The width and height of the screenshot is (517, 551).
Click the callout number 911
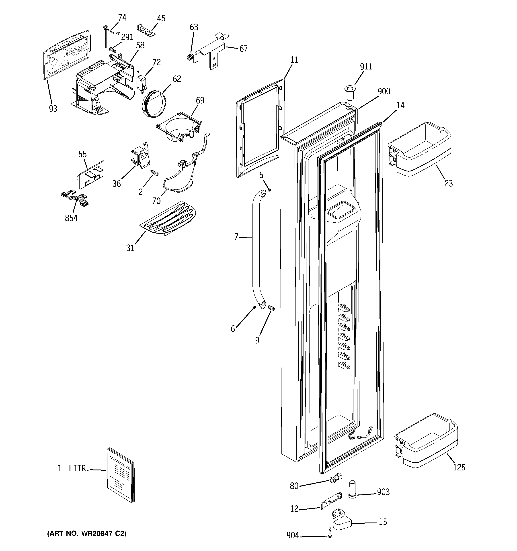tap(366, 67)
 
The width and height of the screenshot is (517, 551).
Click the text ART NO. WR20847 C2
tap(87, 533)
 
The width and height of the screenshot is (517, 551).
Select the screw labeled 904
tap(329, 535)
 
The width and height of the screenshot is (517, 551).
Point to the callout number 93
tap(53, 109)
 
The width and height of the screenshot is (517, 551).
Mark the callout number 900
tap(384, 91)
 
